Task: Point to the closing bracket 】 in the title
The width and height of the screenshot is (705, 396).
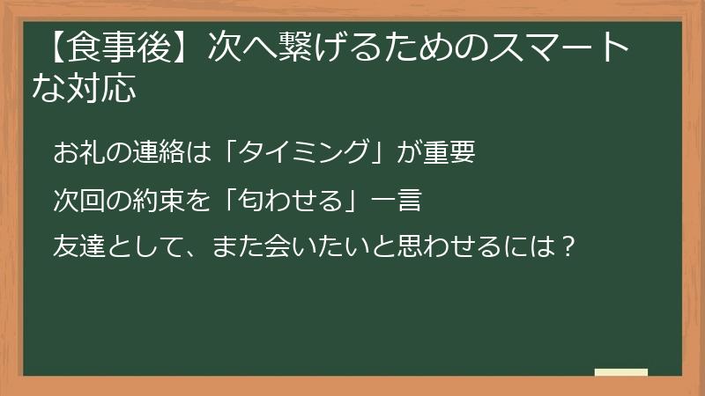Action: coord(186,50)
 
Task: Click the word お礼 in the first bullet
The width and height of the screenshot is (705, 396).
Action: coord(79,152)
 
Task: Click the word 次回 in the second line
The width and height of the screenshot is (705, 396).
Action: coord(79,200)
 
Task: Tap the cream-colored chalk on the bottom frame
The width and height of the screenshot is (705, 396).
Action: coord(621,372)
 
